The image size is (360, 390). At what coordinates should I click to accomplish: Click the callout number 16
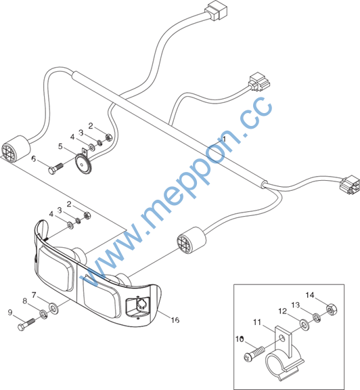pos(175,320)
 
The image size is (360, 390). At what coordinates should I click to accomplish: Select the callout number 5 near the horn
pos(60,146)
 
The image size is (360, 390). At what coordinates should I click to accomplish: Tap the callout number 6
pos(34,158)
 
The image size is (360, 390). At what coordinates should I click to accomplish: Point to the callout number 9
pos(10,312)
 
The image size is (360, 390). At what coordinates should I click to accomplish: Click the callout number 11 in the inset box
pos(257,322)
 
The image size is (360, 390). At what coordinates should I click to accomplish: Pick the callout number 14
pos(310,295)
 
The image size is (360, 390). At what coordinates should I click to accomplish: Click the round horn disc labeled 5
pos(83,162)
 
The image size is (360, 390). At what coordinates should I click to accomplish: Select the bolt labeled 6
pos(55,169)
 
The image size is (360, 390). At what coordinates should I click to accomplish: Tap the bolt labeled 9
pos(26,324)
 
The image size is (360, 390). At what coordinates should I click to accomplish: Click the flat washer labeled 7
pos(53,309)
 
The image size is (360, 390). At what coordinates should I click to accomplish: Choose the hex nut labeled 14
pos(331,309)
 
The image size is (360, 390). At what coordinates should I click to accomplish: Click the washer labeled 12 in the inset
pos(304,325)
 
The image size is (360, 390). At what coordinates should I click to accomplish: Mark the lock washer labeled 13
pos(317,318)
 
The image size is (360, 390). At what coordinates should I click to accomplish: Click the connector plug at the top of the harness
pos(216,11)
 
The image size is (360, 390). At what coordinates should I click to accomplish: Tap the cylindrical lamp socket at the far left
pos(16,149)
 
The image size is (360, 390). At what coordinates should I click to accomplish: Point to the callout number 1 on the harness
pos(224,139)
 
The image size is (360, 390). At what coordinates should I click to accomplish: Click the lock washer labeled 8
pos(44,314)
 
